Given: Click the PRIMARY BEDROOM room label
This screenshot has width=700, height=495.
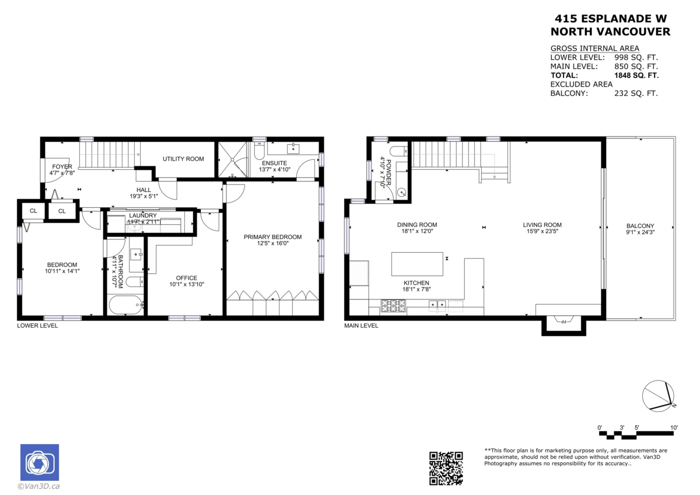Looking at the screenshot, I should tap(272, 236).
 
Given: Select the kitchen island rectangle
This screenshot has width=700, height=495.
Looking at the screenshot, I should tap(416, 263).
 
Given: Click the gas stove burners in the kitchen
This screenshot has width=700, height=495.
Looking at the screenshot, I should tap(393, 304).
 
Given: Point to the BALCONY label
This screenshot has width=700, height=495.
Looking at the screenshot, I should tap(640, 226).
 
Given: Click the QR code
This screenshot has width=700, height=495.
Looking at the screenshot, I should tap(446, 468).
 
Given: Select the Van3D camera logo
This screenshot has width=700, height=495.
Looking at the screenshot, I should tap(39, 462).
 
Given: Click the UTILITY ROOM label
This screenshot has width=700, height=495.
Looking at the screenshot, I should tap(183, 159).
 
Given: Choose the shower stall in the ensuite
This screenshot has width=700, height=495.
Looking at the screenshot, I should tap(232, 159).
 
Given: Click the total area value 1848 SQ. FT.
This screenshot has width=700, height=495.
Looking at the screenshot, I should tap(636, 75).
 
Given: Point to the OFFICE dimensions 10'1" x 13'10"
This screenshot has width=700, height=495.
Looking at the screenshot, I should tap(187, 284).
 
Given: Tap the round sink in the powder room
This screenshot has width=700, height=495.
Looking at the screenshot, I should tap(402, 191).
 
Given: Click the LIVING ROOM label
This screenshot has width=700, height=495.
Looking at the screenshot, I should tap(542, 225).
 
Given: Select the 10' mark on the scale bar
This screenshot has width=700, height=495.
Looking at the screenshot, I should tap(674, 428).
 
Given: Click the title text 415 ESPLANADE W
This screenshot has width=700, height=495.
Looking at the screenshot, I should tap(610, 19).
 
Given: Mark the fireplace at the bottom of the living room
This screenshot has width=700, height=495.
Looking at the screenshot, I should tap(563, 322).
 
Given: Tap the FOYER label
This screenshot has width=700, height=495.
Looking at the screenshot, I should tap(62, 166).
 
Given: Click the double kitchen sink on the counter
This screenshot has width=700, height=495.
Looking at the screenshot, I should tap(437, 304).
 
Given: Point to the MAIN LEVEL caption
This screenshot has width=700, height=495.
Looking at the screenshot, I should tap(361, 326).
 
